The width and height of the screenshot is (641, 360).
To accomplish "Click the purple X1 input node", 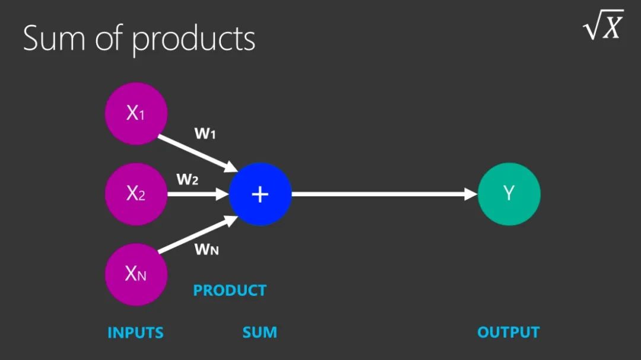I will click(x=136, y=113).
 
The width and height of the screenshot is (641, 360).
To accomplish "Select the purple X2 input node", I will click(x=136, y=194).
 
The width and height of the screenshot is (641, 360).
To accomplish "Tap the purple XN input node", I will click(x=136, y=274).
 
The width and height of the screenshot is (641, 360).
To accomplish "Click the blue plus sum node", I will click(x=261, y=194).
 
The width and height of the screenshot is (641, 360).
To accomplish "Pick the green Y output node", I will click(x=509, y=194).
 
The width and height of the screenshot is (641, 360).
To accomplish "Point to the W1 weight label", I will click(x=205, y=134).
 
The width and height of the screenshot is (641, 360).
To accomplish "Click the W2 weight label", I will click(x=187, y=180).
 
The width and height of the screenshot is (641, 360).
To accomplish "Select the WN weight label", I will click(x=207, y=250).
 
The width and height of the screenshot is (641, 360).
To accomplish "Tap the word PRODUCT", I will click(x=230, y=291).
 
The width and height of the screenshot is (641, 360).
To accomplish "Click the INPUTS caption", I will click(x=135, y=333).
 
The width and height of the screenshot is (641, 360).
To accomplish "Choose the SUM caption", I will click(x=259, y=333).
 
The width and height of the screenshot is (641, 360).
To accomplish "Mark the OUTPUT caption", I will click(x=509, y=333).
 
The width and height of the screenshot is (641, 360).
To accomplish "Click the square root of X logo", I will click(x=603, y=26).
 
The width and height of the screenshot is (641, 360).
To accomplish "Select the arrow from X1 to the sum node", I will click(x=196, y=154).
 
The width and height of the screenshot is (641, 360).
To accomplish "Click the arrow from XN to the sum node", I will click(x=196, y=234).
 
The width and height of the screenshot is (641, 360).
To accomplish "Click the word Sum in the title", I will click(x=56, y=38).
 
